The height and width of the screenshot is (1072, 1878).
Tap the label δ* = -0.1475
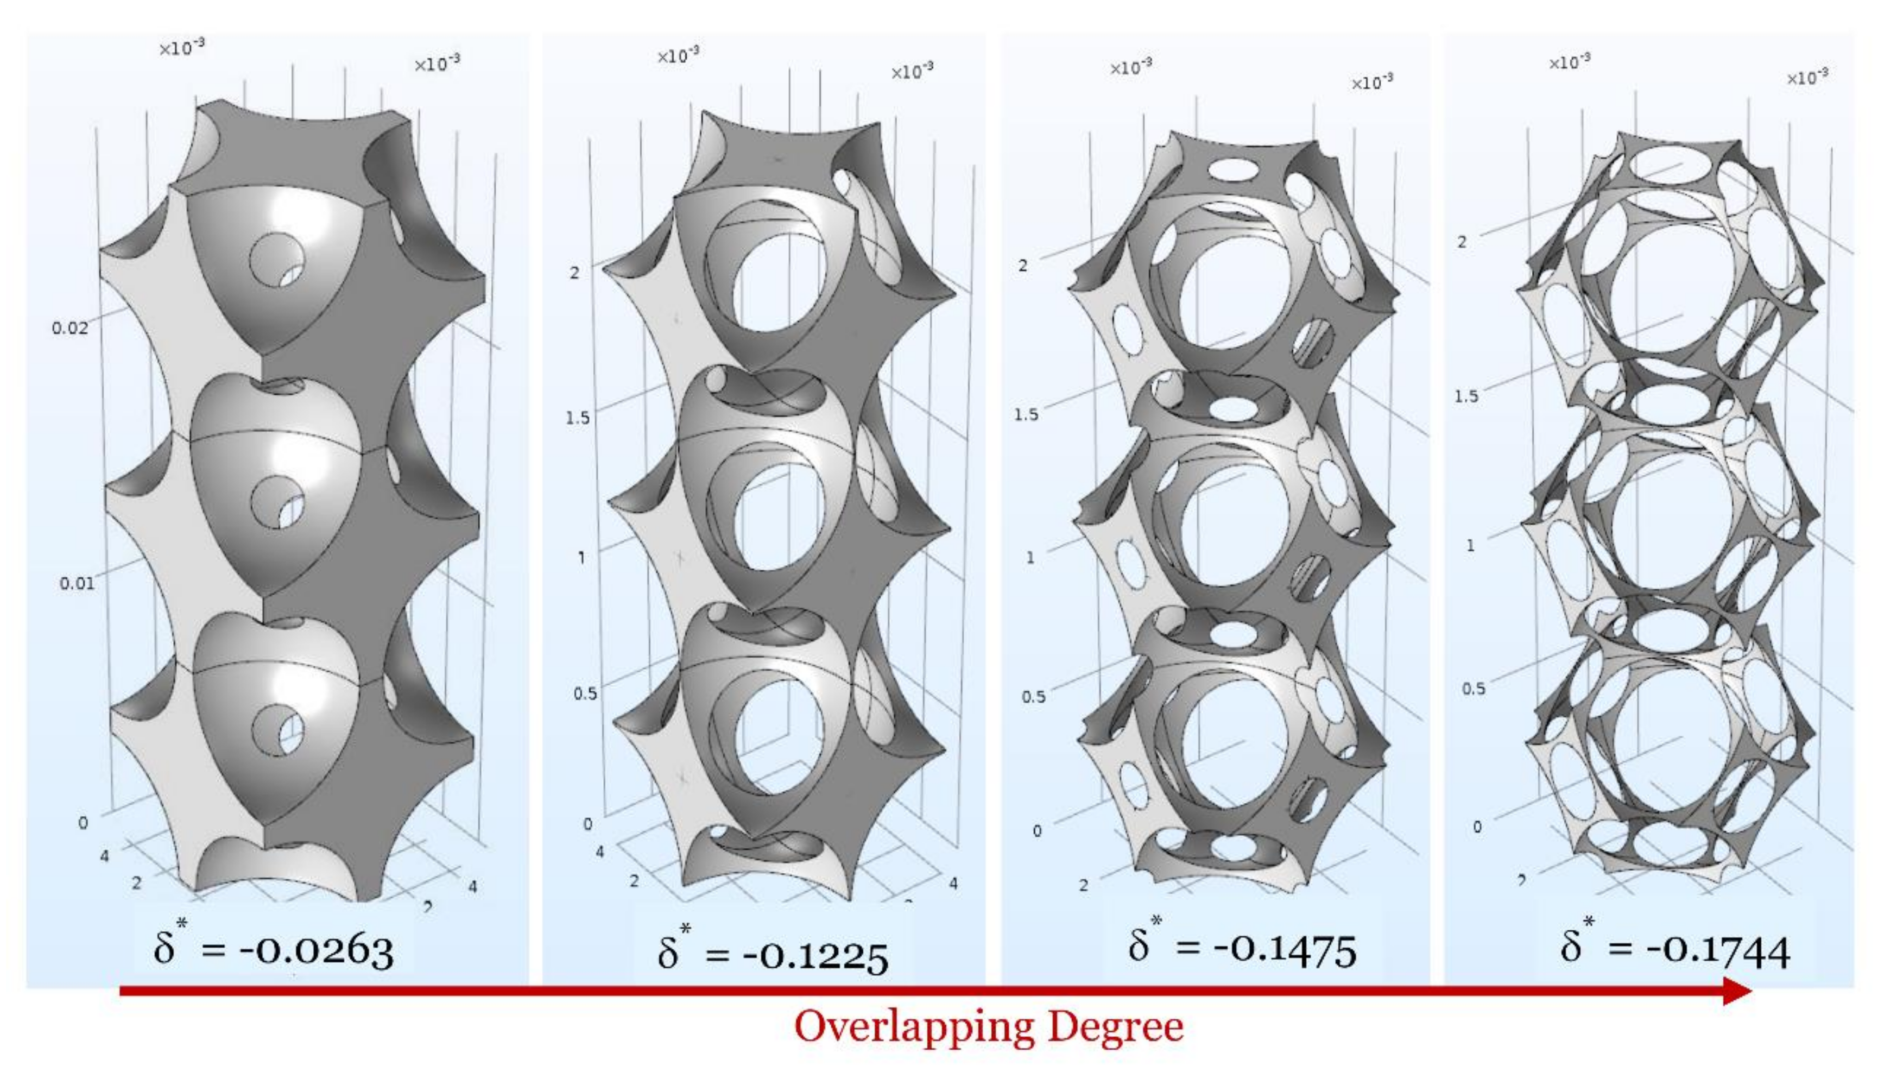(1242, 948)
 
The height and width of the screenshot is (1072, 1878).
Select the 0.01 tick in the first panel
(77, 584)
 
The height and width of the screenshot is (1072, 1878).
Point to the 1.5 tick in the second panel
(578, 418)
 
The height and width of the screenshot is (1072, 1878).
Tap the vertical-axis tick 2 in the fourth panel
(1462, 242)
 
